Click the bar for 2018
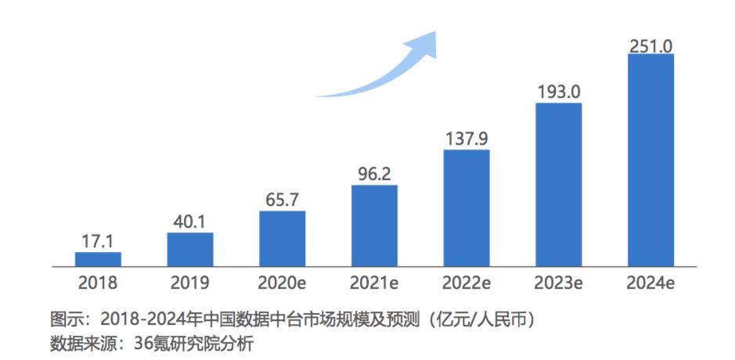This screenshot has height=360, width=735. [x=98, y=259]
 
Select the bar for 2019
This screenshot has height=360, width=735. [x=190, y=250]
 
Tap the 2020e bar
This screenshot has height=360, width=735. [x=283, y=239]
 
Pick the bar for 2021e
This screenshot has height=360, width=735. [x=374, y=226]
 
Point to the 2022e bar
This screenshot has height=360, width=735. [x=467, y=208]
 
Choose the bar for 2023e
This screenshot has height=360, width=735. [x=559, y=185]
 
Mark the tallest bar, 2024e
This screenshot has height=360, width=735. [x=651, y=160]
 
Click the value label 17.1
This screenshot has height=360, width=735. [x=98, y=243]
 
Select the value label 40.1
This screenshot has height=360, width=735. [x=190, y=222]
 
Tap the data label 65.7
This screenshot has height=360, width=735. [x=283, y=200]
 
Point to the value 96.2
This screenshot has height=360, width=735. [x=374, y=175]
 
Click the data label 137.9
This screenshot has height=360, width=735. [x=467, y=139]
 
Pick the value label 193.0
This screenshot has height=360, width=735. [x=559, y=92]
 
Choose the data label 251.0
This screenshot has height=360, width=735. [x=651, y=45]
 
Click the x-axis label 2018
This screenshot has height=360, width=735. [x=98, y=283]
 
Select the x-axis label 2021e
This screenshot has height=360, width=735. [x=374, y=283]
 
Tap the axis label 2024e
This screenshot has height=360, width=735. [x=651, y=283]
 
